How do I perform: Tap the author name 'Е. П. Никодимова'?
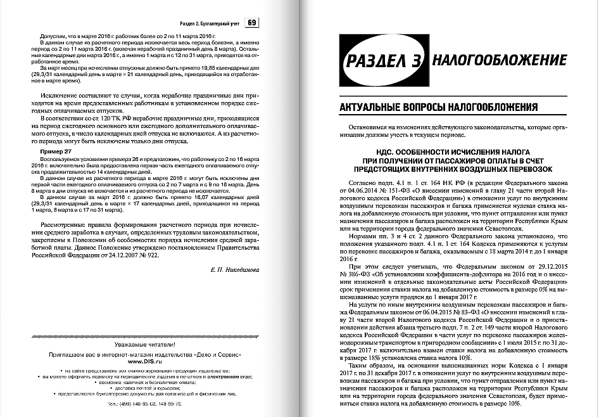tap(236, 270)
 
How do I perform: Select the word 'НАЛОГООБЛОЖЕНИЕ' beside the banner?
tap(500, 61)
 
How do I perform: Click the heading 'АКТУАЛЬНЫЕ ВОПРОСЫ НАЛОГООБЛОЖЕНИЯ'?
tap(431, 105)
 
